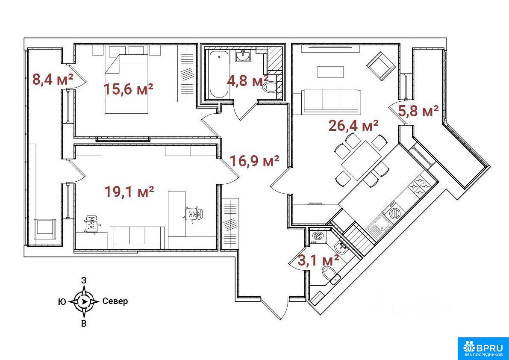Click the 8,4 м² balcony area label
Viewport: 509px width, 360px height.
point(53,79)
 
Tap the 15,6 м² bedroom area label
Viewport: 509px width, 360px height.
point(129,89)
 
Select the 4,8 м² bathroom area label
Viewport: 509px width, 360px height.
point(247,80)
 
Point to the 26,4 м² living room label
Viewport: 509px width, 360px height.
point(354,125)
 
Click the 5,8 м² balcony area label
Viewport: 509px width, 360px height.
point(418,111)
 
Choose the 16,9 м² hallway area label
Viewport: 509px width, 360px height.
point(255,161)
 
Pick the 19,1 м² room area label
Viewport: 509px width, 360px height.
point(129,192)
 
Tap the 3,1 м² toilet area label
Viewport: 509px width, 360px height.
point(318,260)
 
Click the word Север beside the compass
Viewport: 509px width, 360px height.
point(115,301)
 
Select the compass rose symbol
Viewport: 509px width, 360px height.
point(84,301)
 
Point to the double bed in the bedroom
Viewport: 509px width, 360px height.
point(127,84)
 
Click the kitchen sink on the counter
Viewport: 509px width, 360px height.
point(380,226)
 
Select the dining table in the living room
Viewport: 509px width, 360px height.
point(361,160)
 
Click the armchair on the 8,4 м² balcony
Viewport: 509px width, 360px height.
point(45,229)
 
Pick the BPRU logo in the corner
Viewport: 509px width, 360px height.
point(483,348)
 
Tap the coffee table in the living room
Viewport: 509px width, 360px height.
point(330,72)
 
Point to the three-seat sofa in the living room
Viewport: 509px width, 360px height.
point(331,101)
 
